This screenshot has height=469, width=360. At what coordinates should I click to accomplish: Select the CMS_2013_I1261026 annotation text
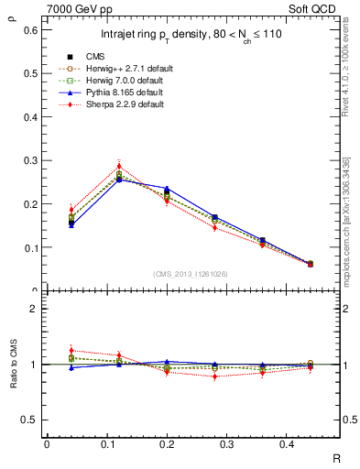click(x=190, y=274)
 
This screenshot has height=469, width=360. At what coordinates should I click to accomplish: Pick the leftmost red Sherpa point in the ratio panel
click(x=46, y=351)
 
